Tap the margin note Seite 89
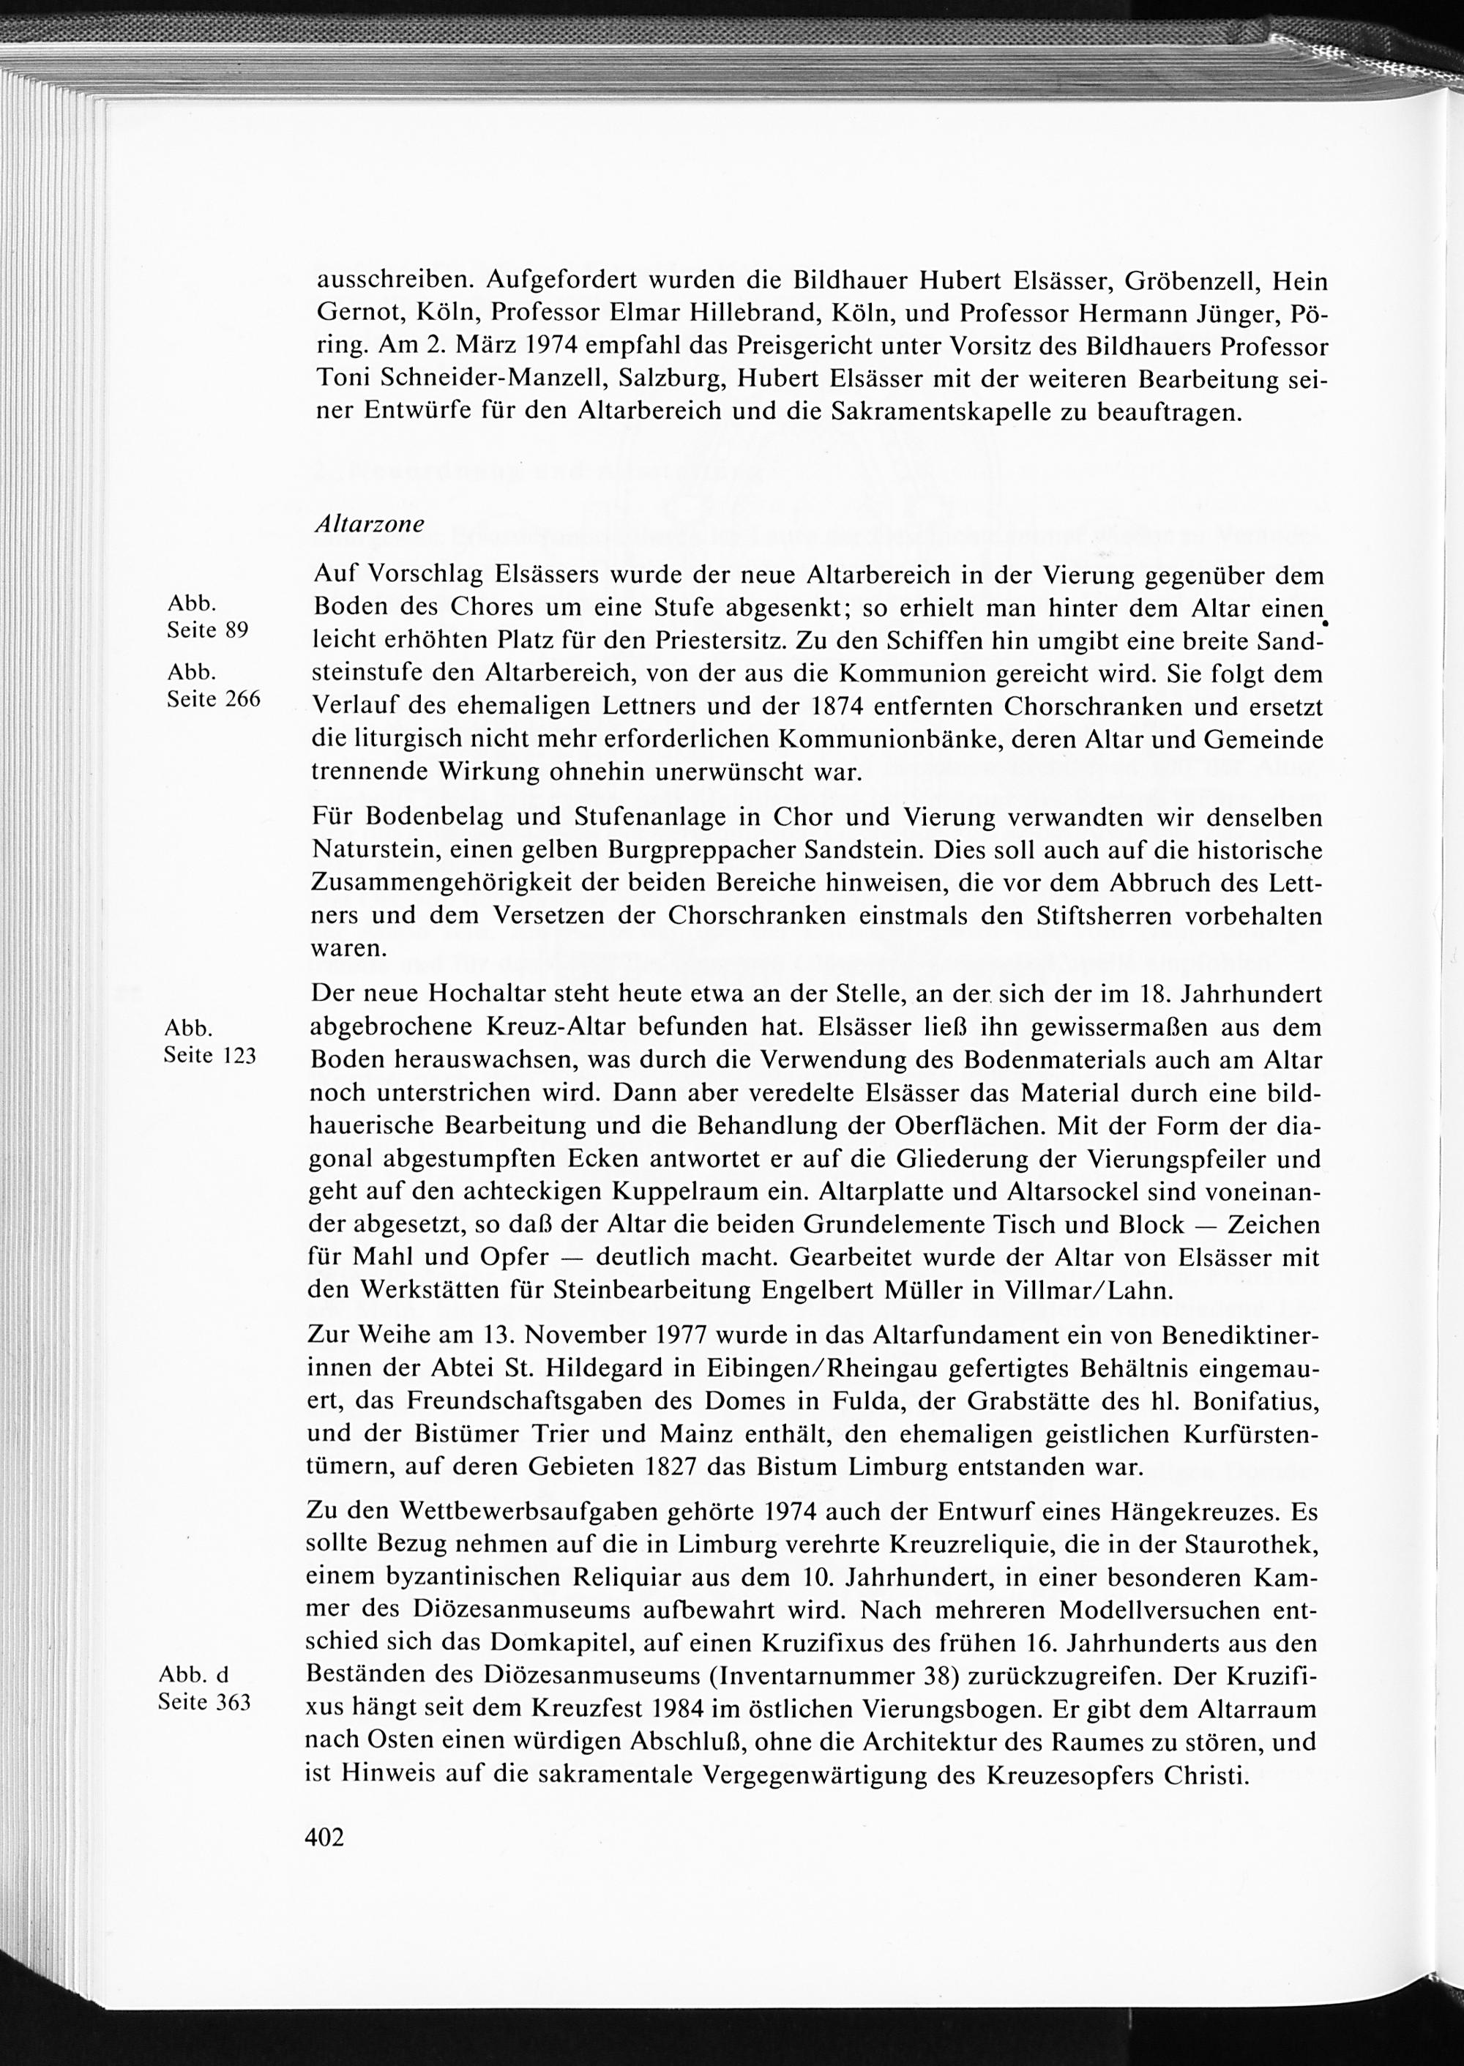[x=206, y=630]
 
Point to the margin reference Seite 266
[x=214, y=698]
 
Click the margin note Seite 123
[x=210, y=1055]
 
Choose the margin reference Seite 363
[x=203, y=1703]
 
